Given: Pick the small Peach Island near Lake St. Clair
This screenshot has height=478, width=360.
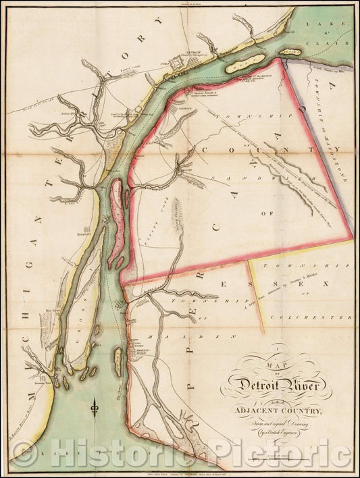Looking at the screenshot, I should pos(291,50).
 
